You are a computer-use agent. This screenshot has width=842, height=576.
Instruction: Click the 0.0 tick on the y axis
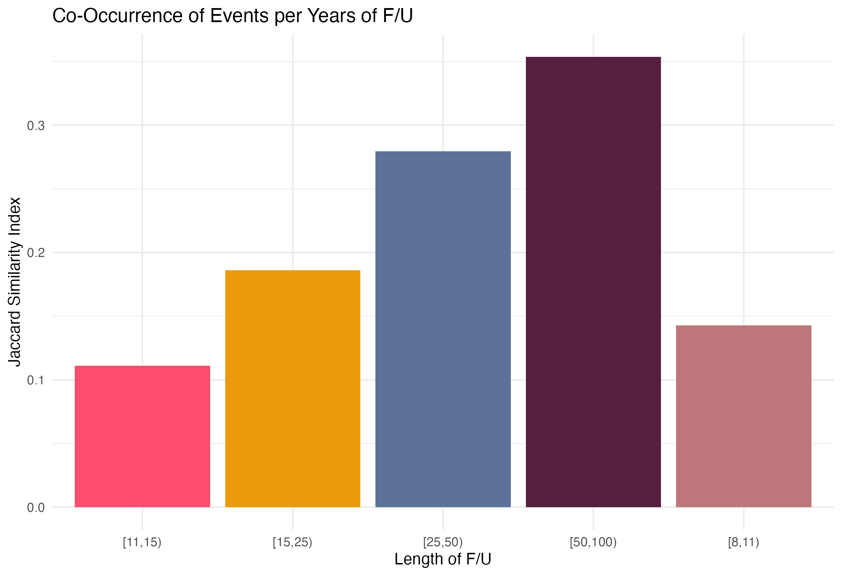click(36, 508)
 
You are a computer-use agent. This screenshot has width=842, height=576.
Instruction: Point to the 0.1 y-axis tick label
click(36, 380)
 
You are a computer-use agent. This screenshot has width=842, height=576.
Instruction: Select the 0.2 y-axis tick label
click(36, 253)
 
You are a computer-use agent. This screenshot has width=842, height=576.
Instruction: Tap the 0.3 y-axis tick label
click(36, 125)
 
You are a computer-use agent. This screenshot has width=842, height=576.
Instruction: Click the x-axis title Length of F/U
click(443, 559)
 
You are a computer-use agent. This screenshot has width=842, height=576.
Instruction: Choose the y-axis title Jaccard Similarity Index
click(14, 282)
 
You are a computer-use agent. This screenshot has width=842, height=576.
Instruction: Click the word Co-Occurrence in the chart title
click(117, 16)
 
